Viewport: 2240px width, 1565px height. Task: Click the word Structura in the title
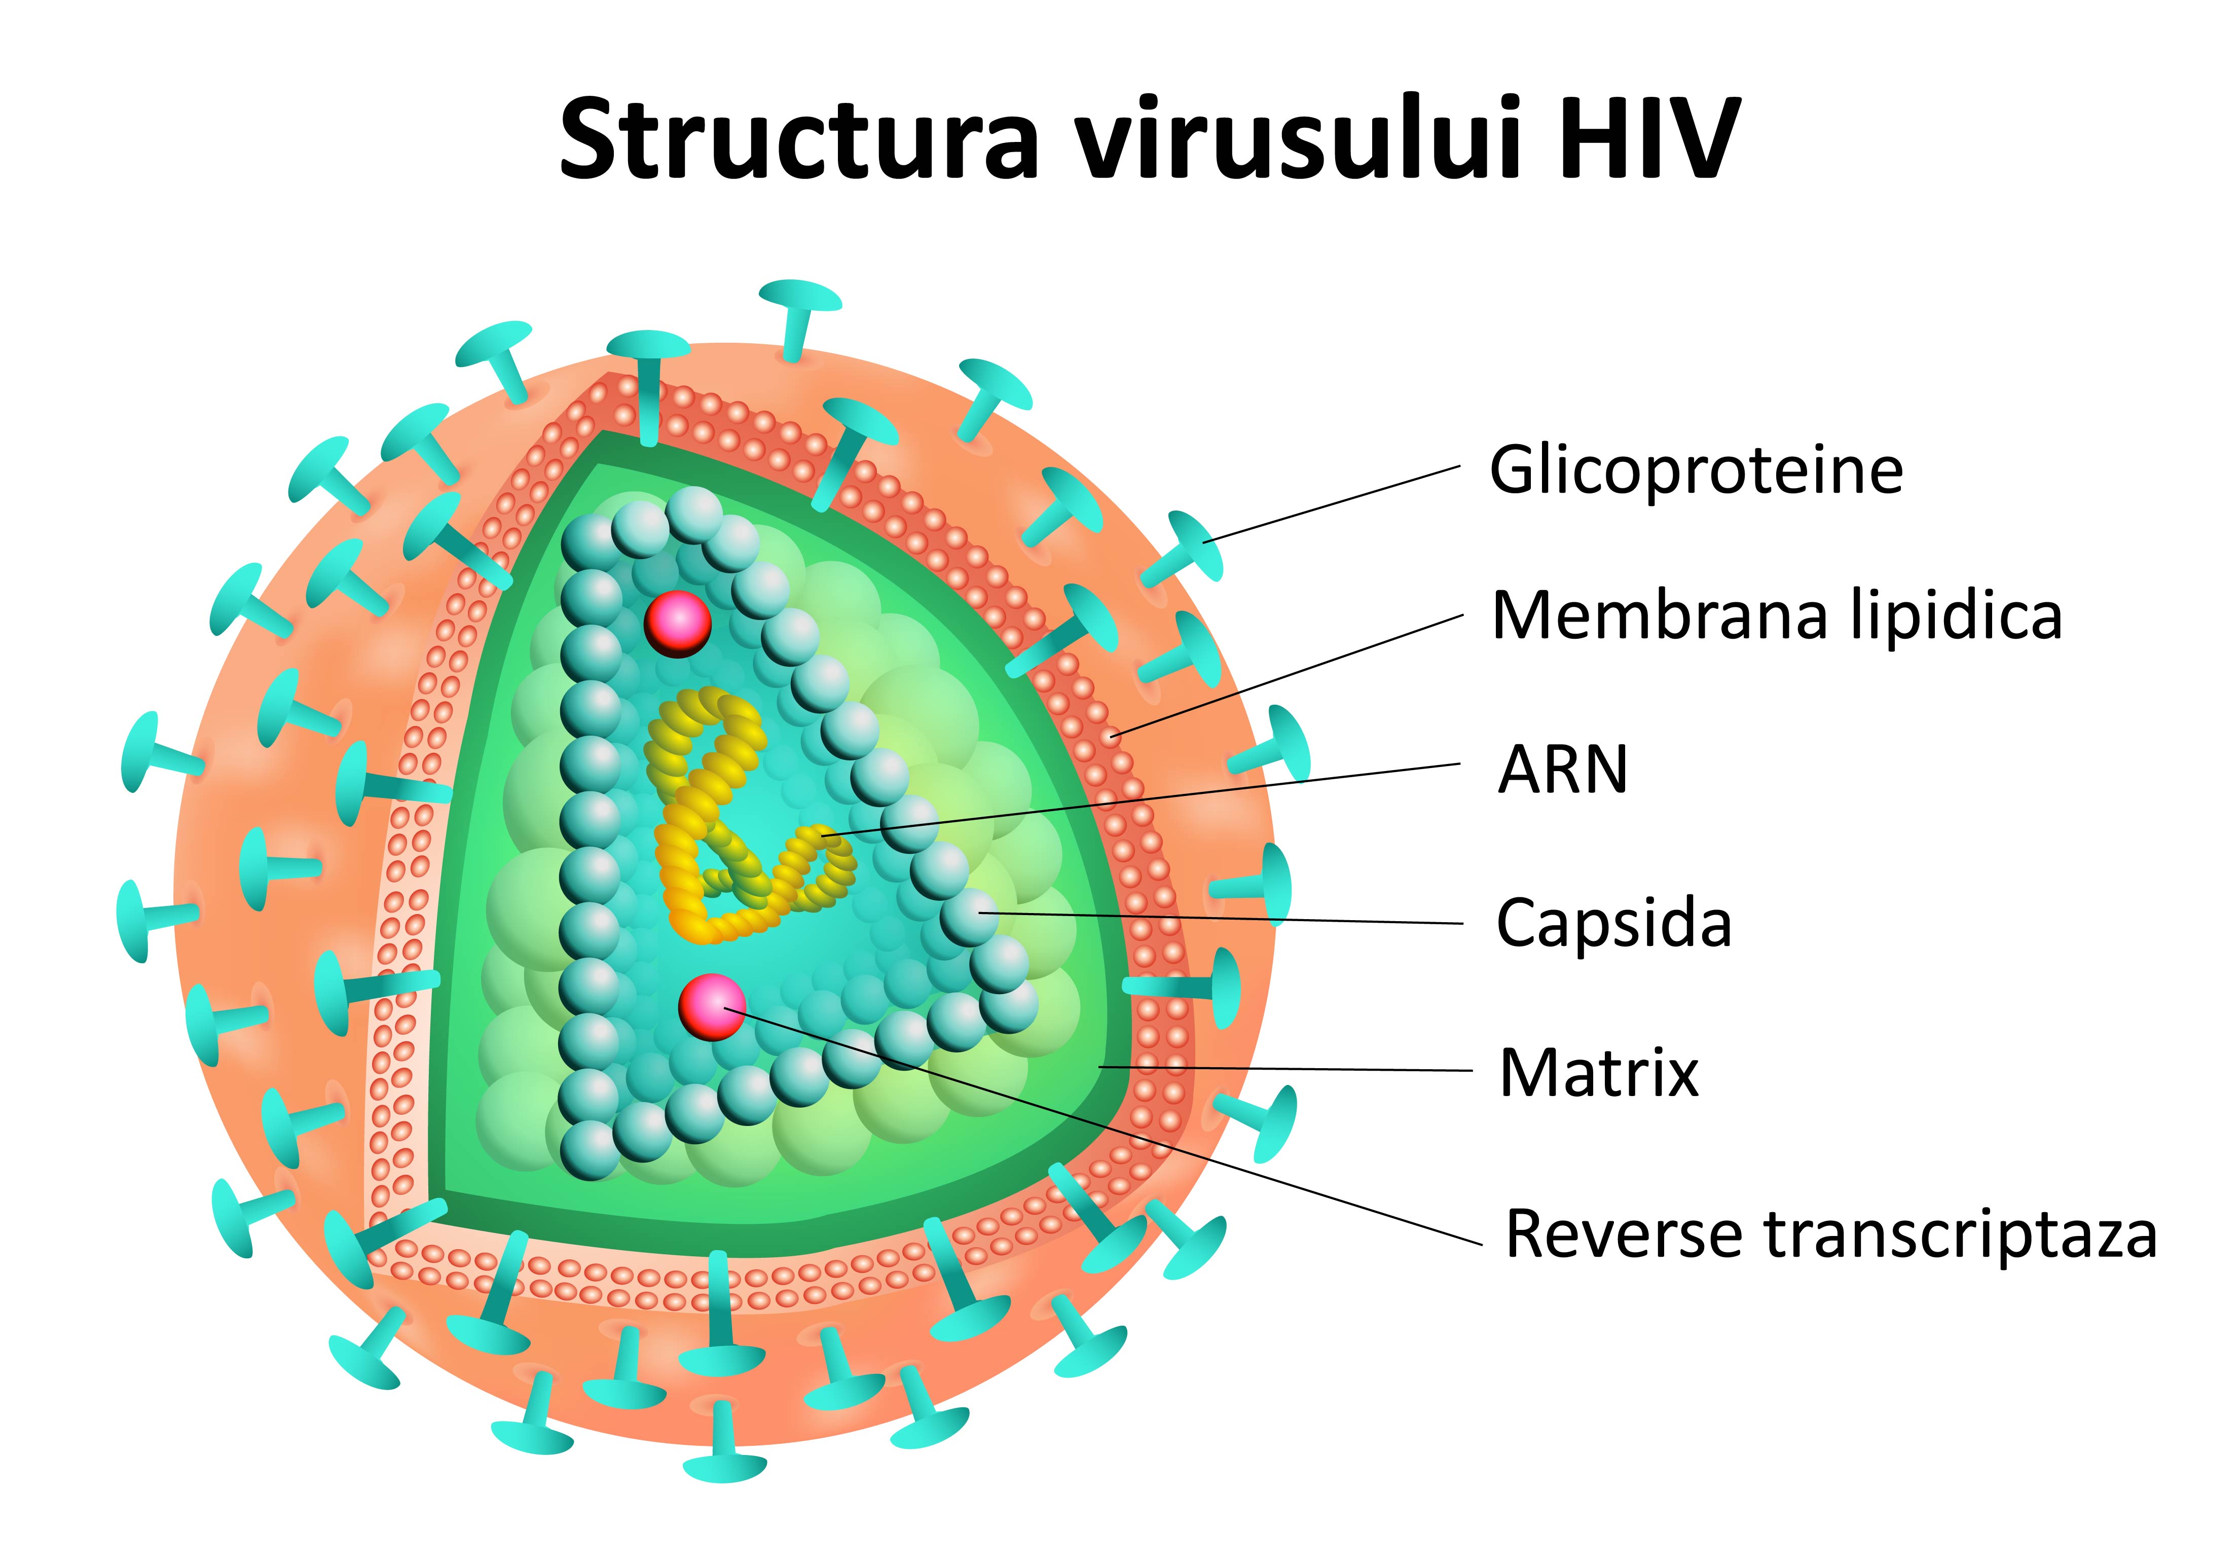tap(795, 139)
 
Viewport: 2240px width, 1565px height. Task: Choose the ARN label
tap(1563, 770)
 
